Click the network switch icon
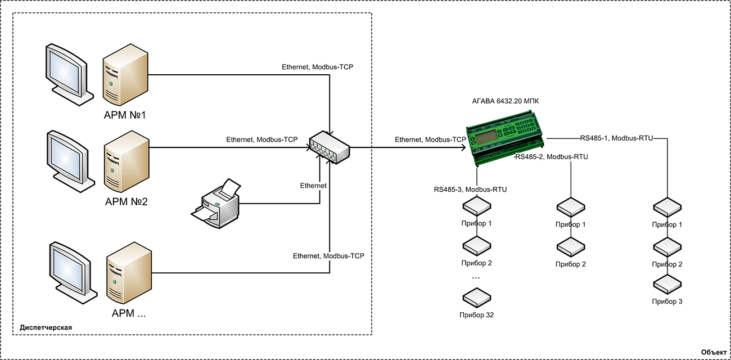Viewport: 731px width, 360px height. (330, 147)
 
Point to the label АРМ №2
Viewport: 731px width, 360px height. (124, 201)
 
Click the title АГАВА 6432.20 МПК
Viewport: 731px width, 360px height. (506, 101)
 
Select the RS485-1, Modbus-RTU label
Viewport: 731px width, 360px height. (616, 138)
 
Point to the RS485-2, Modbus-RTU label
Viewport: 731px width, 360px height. (552, 157)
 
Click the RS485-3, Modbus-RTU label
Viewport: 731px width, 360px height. (470, 190)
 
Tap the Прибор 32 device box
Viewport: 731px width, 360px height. (476, 298)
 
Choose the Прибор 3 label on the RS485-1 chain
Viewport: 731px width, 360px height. (667, 301)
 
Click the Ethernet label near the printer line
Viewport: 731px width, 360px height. (313, 185)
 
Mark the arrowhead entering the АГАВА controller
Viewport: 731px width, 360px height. (463, 148)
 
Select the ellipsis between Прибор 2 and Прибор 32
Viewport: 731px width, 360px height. (476, 278)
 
